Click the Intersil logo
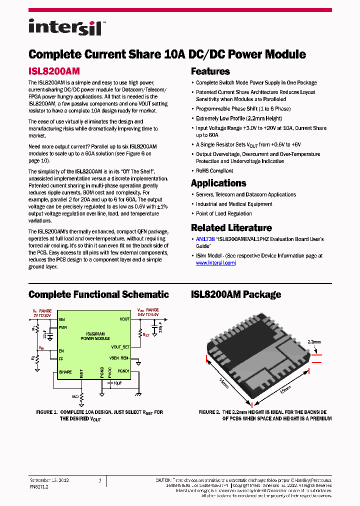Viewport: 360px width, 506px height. pos(65,27)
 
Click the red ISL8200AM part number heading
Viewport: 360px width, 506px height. pos(54,71)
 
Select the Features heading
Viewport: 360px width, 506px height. pos(210,71)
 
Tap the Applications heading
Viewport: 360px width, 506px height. pos(218,183)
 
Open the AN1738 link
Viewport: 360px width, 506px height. pos(205,239)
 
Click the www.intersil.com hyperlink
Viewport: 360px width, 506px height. pos(215,262)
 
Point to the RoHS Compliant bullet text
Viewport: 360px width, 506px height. pos(214,171)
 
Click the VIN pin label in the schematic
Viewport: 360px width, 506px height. pos(62,319)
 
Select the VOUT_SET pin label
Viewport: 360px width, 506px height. pos(120,346)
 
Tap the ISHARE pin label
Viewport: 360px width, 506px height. pos(65,371)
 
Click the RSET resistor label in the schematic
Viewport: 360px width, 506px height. pos(146,334)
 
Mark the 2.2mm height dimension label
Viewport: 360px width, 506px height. pos(314,342)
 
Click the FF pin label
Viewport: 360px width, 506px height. pos(61,358)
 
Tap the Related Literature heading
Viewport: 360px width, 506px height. pos(231,228)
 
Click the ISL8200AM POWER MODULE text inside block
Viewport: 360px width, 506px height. pos(95,336)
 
